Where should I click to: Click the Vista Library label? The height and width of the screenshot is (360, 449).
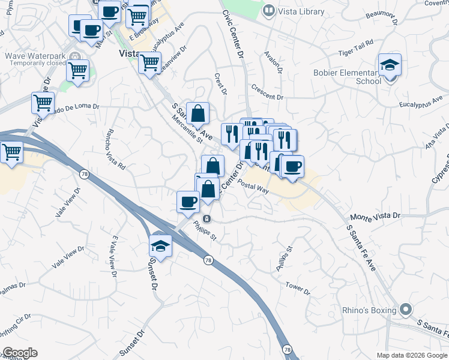coord(301,11)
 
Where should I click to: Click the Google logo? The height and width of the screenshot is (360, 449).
coord(20,353)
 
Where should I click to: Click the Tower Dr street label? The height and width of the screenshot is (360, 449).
coord(297,289)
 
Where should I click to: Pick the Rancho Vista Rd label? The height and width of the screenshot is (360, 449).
coord(115,149)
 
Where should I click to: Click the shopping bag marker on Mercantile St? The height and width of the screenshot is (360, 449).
coord(197,113)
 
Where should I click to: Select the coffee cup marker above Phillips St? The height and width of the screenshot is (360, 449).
coord(188,202)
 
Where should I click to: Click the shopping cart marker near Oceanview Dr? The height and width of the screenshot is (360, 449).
coord(149,63)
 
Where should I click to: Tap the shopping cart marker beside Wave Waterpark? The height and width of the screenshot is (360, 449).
coord(77,70)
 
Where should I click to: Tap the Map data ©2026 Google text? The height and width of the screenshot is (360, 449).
coord(411,355)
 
